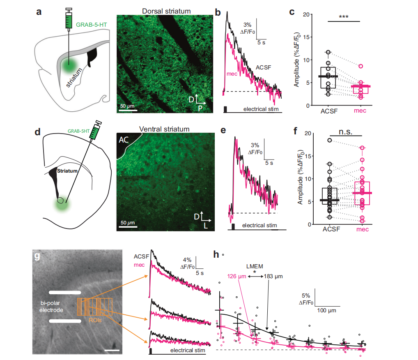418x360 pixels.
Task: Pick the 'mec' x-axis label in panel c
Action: point(360,111)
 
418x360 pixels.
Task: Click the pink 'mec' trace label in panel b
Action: point(232,74)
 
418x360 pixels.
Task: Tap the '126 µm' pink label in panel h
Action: point(237,276)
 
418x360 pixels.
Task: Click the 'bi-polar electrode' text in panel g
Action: point(52,307)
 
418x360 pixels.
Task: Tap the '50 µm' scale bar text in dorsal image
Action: point(128,106)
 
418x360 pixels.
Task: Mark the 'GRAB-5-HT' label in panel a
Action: point(92,25)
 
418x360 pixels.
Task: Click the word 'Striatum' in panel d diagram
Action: point(67,171)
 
